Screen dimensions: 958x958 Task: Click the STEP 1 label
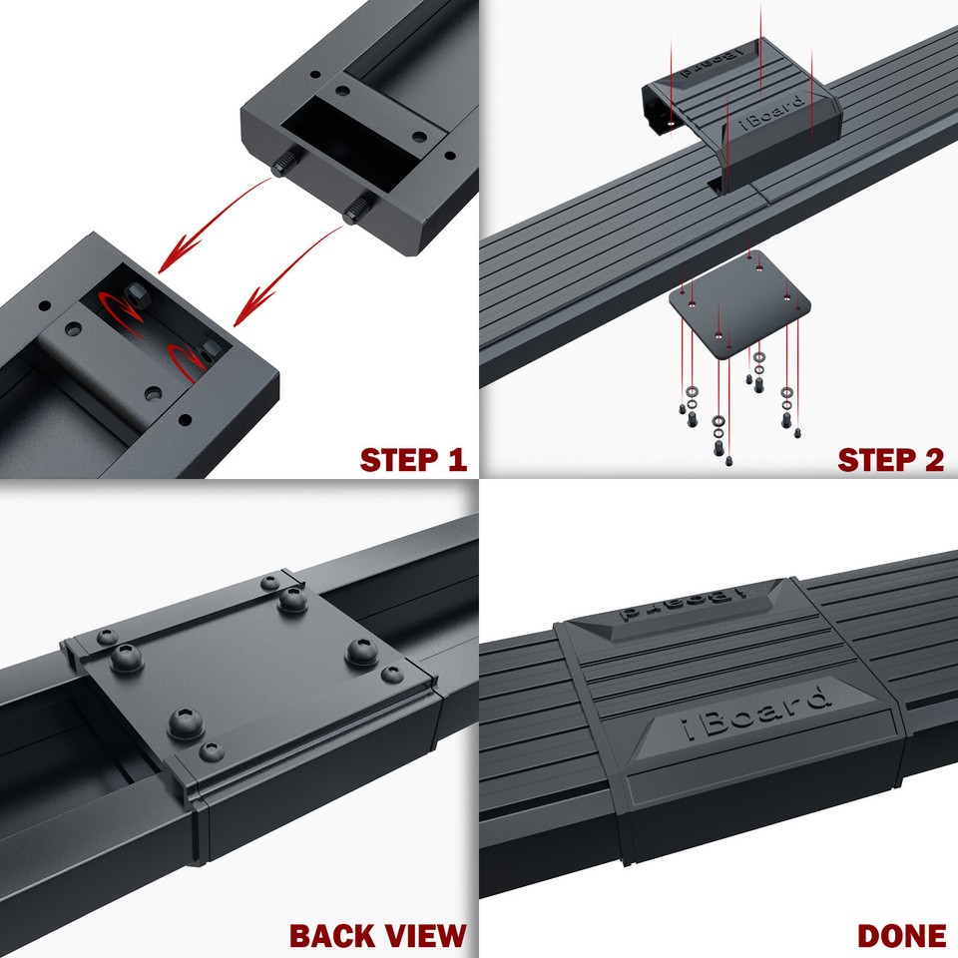tap(412, 460)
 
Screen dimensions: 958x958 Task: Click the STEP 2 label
tap(890, 460)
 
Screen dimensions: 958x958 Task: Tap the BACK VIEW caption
tap(377, 935)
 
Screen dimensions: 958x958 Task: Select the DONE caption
tap(901, 935)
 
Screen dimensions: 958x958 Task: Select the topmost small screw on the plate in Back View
tap(269, 583)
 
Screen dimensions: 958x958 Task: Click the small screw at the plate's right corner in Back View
tap(390, 676)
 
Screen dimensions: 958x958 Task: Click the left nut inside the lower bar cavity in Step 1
tap(134, 295)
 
